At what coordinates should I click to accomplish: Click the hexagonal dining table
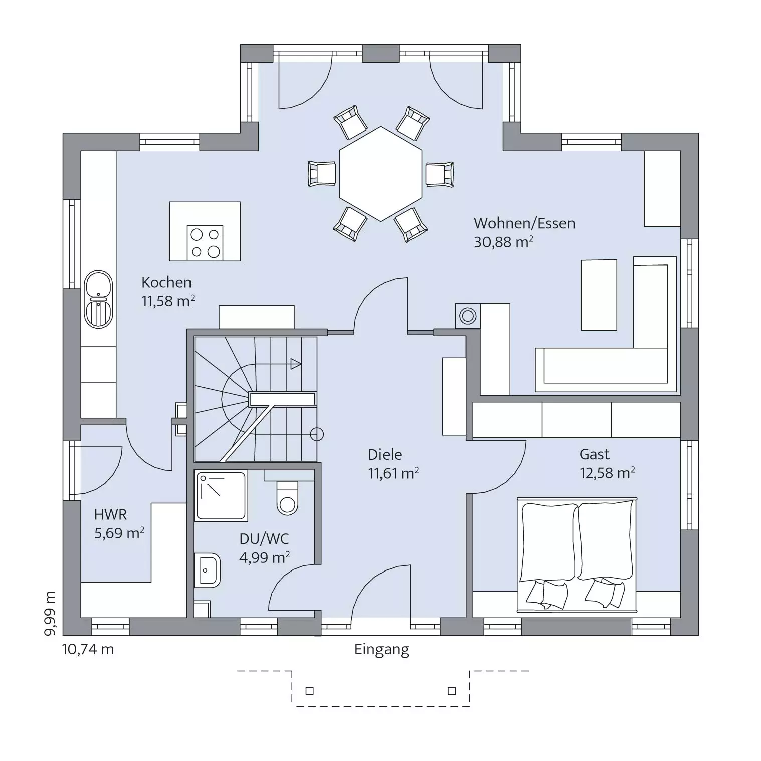coord(380,174)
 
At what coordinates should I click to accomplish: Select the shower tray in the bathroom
coord(221,495)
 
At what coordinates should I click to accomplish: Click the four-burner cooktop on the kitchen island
coord(205,243)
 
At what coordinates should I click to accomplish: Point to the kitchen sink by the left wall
coord(99,299)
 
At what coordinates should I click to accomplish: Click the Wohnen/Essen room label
coord(524,223)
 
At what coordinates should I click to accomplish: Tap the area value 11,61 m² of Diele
coord(394,473)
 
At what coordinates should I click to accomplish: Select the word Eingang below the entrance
coord(382,650)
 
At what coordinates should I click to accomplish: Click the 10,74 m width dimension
coord(88,649)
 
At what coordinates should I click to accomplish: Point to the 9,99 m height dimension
coord(50,614)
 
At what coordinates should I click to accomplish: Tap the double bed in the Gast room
coord(577,554)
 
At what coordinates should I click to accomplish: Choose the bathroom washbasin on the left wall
coord(207,570)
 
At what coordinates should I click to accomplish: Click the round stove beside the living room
coord(468,316)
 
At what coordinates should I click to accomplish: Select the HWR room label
coord(111,515)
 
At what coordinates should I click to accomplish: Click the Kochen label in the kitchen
coord(166,283)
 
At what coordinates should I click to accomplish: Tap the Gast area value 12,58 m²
coord(608,473)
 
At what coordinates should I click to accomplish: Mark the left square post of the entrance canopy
coord(310,691)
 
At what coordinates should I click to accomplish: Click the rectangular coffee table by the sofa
coord(599,295)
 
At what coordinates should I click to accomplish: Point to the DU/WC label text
coord(264,539)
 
